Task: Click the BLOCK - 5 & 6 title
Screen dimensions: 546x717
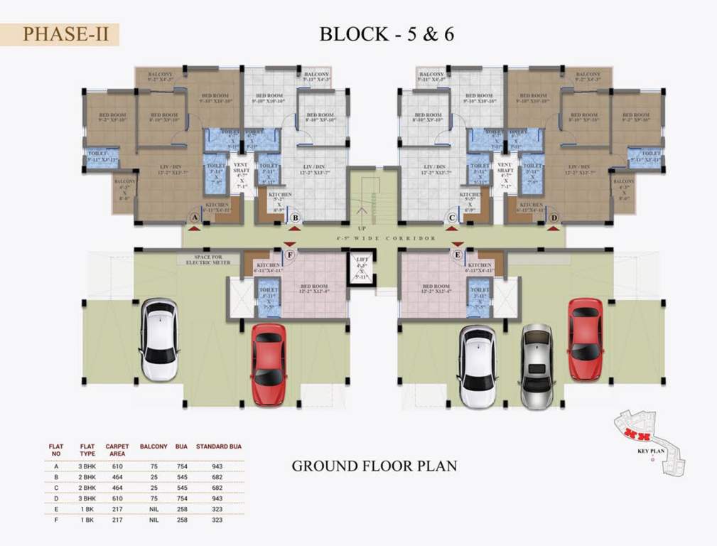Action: click(387, 33)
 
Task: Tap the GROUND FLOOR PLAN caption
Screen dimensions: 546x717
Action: click(374, 466)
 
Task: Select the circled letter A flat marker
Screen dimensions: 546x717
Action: click(194, 217)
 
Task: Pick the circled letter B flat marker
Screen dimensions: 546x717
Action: click(295, 217)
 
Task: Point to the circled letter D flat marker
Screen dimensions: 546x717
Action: click(553, 217)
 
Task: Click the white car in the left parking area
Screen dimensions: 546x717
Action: click(158, 339)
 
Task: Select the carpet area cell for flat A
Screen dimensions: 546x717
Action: click(117, 466)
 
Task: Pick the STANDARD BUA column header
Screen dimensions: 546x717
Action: click(218, 446)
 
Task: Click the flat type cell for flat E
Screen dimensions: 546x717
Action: click(87, 509)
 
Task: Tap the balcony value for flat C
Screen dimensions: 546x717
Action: click(153, 487)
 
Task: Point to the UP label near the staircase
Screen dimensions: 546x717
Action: click(362, 229)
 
